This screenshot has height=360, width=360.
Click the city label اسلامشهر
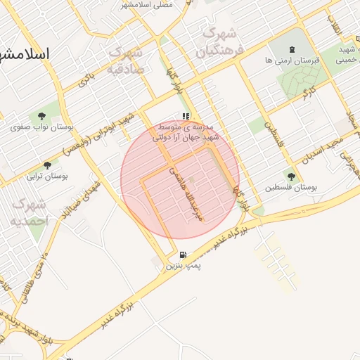(x=25, y=54)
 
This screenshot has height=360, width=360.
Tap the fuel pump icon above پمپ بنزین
(x=183, y=255)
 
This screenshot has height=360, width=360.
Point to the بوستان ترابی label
(x=46, y=176)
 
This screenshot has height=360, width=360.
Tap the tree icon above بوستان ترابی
(x=47, y=165)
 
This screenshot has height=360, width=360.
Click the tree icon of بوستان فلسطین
(x=291, y=176)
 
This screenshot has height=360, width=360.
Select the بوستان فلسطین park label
(x=292, y=188)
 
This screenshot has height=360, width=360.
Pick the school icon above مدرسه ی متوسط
(x=186, y=116)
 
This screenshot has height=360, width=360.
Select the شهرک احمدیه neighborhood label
(x=29, y=212)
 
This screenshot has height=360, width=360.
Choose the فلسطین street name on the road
(x=272, y=134)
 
